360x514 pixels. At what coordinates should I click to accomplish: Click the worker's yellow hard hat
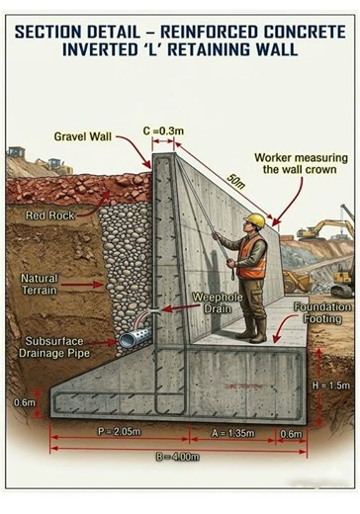pyautogui.click(x=254, y=219)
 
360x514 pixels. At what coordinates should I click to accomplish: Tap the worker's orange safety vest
pyautogui.click(x=252, y=256)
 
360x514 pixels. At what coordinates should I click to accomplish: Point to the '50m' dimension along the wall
pyautogui.click(x=235, y=183)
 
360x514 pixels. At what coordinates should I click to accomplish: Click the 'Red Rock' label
pyautogui.click(x=48, y=214)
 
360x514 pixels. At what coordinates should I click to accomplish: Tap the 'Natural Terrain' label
pyautogui.click(x=40, y=285)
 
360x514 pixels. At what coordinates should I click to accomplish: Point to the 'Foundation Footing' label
pyautogui.click(x=321, y=313)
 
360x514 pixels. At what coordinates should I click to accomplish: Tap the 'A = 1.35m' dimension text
pyautogui.click(x=233, y=433)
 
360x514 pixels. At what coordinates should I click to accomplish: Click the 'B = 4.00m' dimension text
pyautogui.click(x=177, y=457)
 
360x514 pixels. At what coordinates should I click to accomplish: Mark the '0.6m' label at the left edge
pyautogui.click(x=25, y=402)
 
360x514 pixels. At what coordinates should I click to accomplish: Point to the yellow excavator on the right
pyautogui.click(x=324, y=229)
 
